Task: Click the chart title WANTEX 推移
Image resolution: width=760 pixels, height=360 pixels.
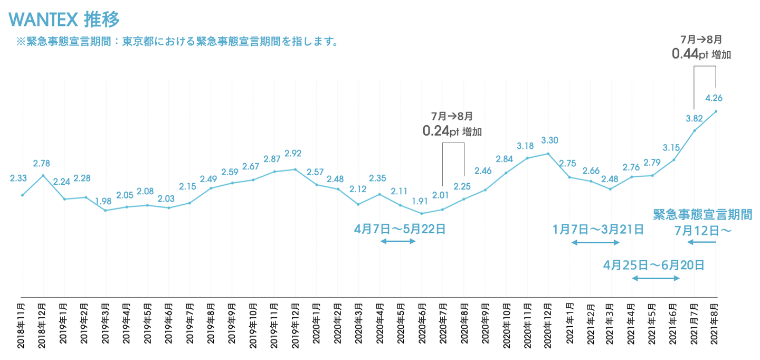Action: pos(64,19)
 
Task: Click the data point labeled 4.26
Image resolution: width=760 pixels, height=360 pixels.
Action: pos(716,111)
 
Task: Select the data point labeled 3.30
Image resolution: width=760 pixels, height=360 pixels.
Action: pos(548,154)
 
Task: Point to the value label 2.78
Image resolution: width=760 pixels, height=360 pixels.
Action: pos(43,163)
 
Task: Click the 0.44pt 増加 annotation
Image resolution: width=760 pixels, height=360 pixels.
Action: pos(701,54)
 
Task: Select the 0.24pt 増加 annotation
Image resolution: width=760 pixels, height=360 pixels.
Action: pos(452,131)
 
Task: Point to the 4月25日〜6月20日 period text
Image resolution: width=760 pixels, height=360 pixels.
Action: pos(654,265)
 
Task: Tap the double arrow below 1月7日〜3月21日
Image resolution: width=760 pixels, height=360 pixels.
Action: pos(595,242)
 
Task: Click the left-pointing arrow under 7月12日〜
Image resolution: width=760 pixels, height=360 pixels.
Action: pos(701,242)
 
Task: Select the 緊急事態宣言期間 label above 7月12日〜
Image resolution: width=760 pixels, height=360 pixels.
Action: pos(702,214)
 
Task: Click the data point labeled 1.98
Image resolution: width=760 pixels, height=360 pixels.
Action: pos(106,211)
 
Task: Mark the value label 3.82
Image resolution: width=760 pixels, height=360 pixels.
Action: pos(695,118)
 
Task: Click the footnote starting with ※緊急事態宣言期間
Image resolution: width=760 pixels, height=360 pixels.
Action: pos(177,41)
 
